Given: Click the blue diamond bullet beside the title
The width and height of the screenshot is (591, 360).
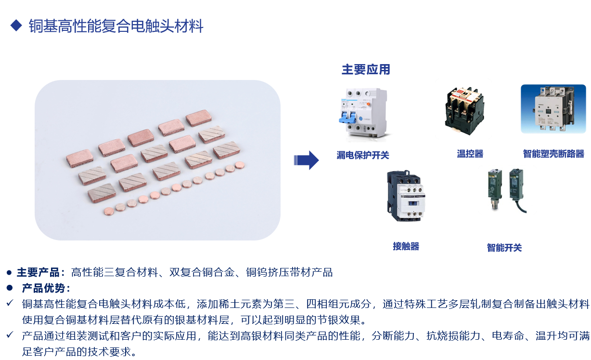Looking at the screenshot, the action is [16, 26].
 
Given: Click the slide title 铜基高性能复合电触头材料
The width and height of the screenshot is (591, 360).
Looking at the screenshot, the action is [116, 26].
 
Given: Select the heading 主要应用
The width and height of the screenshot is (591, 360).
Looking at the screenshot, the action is [366, 69].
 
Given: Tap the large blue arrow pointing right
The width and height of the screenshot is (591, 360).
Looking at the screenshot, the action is [306, 160].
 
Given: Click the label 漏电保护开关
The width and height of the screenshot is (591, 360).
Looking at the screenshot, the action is [363, 155].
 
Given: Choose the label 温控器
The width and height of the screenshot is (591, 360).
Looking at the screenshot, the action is [470, 154].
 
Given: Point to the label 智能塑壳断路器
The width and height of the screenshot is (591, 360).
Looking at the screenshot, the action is [553, 154].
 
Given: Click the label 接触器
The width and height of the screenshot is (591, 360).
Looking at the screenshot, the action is [406, 246].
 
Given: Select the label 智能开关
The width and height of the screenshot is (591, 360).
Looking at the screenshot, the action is [504, 248].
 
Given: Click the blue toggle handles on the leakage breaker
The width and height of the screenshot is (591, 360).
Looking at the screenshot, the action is [347, 117].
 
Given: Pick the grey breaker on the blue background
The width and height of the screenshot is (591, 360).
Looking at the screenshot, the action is [553, 109].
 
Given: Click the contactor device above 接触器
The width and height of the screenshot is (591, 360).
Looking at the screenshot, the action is [406, 196].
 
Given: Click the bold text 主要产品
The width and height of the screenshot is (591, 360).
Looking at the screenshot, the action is [38, 272].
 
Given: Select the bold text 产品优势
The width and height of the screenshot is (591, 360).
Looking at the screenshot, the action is [43, 288].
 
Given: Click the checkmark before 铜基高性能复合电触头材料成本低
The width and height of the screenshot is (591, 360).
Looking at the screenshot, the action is [10, 303].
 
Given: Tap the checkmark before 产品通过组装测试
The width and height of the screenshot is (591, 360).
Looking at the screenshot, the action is [10, 335].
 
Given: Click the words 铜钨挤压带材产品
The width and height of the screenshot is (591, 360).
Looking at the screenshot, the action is [289, 272].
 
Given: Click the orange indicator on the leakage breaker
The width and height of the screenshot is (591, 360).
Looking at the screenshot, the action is [369, 104].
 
